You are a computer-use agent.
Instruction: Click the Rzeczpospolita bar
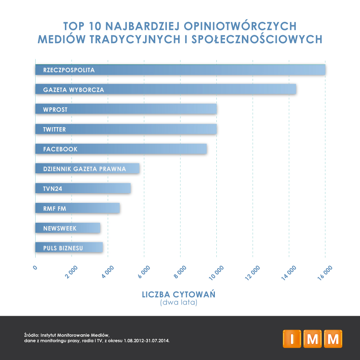(x=180, y=70)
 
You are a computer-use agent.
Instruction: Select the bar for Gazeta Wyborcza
(x=165, y=90)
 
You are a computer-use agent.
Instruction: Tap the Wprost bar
(x=126, y=109)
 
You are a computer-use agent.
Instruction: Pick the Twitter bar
(x=126, y=129)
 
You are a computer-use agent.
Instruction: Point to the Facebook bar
(x=121, y=149)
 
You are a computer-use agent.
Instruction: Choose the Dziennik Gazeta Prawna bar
(x=87, y=168)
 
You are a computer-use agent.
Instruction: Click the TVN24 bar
(x=83, y=188)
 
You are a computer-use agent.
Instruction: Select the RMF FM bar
(x=77, y=208)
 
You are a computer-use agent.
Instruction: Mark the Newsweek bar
(x=67, y=228)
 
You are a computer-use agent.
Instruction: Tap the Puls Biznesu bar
(x=69, y=247)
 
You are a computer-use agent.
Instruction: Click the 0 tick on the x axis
(x=35, y=267)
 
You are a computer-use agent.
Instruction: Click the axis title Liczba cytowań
(x=178, y=295)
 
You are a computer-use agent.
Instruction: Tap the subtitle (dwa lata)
(x=178, y=303)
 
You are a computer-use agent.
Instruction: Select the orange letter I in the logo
(x=292, y=339)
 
